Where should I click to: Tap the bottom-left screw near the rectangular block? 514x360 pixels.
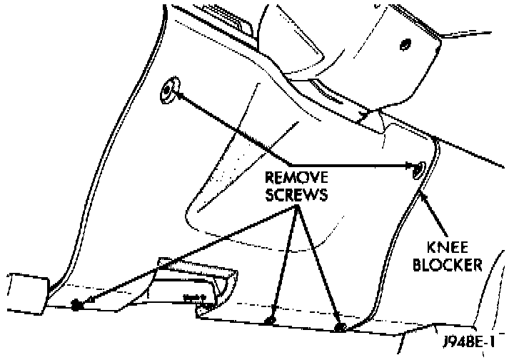click(x=77, y=306)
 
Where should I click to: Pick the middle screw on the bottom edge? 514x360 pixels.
click(x=270, y=321)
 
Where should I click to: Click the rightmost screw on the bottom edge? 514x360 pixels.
click(x=340, y=328)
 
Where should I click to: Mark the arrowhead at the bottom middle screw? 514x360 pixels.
click(x=272, y=314)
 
